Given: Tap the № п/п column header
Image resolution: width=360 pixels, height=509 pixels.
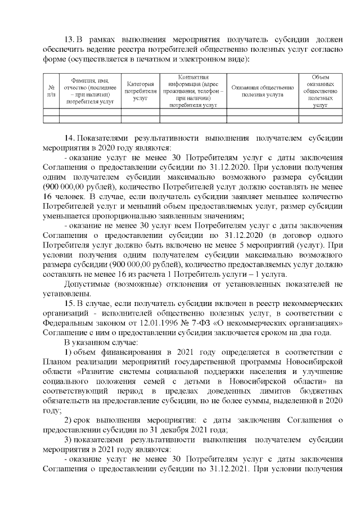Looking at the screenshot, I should [51, 91].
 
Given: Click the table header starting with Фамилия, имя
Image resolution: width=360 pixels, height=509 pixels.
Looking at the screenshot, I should [89, 91].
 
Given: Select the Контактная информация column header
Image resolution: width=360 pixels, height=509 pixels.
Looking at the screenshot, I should [192, 91].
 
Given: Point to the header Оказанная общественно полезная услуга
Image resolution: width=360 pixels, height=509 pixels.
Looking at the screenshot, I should [262, 91].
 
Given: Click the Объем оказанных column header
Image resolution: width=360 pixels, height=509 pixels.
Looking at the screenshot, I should [320, 91].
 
